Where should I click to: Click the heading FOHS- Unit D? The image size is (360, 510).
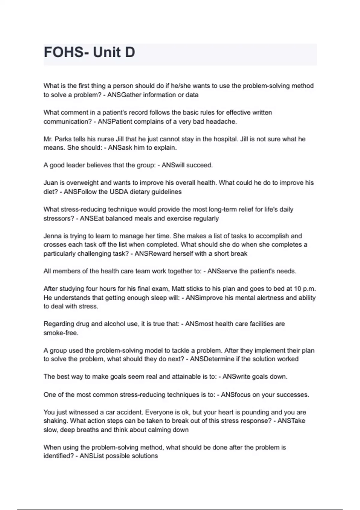point(89,52)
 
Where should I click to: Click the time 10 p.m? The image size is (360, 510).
point(305,289)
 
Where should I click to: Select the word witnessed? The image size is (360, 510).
point(82,412)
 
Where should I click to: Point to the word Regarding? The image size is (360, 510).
point(58,324)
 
